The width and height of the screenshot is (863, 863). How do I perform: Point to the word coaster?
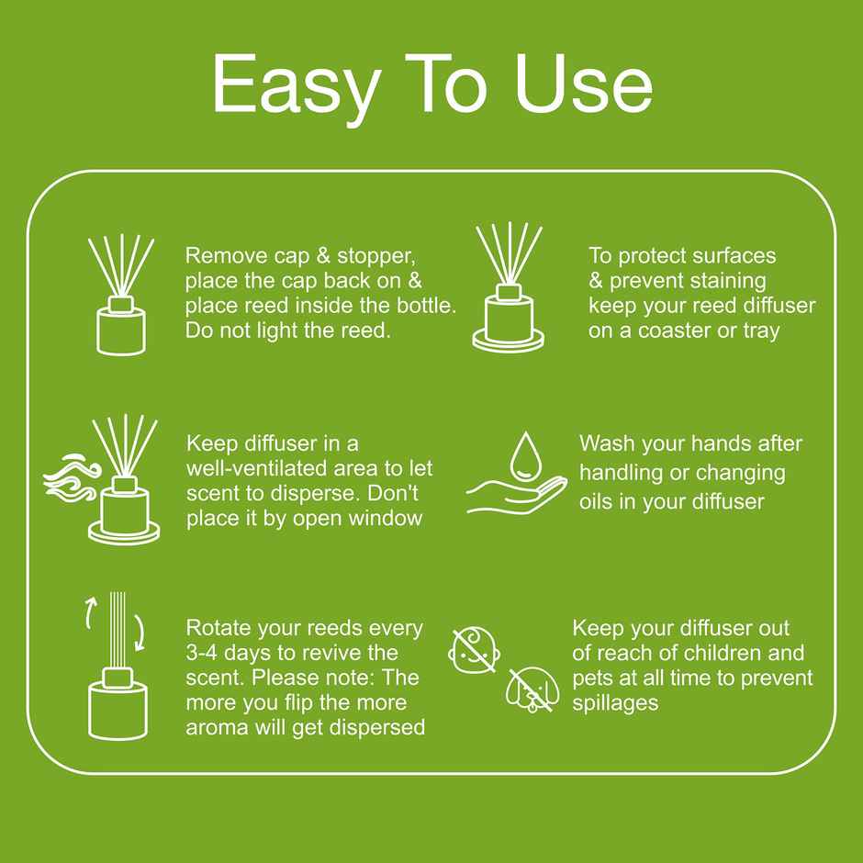[x=662, y=331]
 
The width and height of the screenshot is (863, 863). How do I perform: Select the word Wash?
[x=608, y=444]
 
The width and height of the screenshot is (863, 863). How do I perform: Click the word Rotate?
[x=218, y=628]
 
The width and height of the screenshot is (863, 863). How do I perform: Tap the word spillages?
[x=615, y=702]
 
